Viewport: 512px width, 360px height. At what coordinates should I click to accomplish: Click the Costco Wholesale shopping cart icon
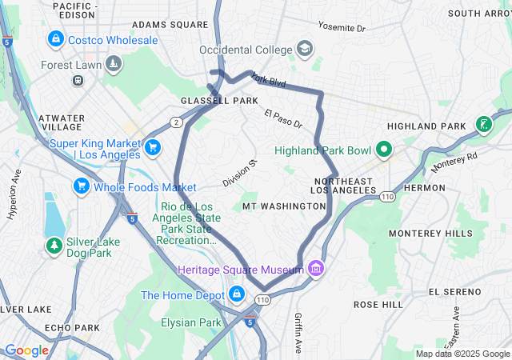[55, 38]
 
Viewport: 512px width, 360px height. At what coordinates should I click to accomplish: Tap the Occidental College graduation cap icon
[304, 50]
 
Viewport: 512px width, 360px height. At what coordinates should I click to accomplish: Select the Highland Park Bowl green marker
[383, 150]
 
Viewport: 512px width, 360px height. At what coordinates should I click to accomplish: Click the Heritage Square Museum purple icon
[316, 268]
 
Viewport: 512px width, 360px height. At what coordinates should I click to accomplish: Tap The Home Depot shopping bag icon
[236, 295]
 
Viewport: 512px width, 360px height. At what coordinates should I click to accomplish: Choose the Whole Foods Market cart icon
[81, 186]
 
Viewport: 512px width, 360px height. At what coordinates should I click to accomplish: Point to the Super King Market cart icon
[153, 147]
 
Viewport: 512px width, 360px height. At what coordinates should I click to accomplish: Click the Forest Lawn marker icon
[114, 63]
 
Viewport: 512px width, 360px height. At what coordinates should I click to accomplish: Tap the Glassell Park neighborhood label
[219, 101]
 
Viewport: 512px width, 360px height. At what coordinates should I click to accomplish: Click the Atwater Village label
[61, 122]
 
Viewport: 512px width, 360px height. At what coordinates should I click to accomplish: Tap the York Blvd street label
[268, 80]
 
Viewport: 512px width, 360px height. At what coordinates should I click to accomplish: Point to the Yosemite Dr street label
[341, 28]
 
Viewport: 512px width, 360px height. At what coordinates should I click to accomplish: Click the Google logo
[26, 350]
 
